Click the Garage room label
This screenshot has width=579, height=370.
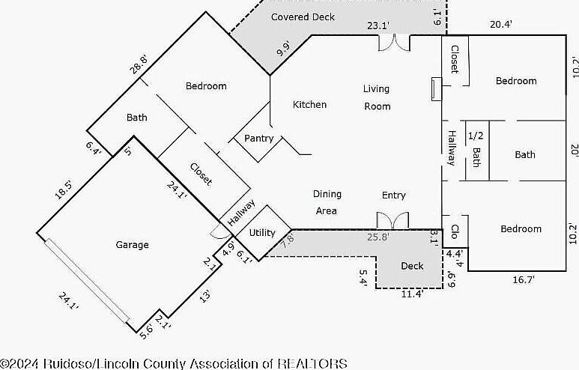(132, 245)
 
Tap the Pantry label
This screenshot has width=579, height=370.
(258, 139)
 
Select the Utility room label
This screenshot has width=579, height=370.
(262, 233)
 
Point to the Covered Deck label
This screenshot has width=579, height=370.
(303, 16)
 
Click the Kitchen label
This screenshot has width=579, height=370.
(309, 105)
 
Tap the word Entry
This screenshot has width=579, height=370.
(393, 195)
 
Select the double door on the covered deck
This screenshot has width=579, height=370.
(394, 43)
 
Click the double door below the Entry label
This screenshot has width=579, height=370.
(392, 221)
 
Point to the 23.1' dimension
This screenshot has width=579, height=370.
(378, 26)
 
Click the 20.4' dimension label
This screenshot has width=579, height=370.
(500, 24)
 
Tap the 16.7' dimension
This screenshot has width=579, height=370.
(521, 279)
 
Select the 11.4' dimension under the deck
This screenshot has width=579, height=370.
(409, 294)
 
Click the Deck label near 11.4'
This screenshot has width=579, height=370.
(412, 266)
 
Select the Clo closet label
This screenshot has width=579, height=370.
(455, 230)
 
